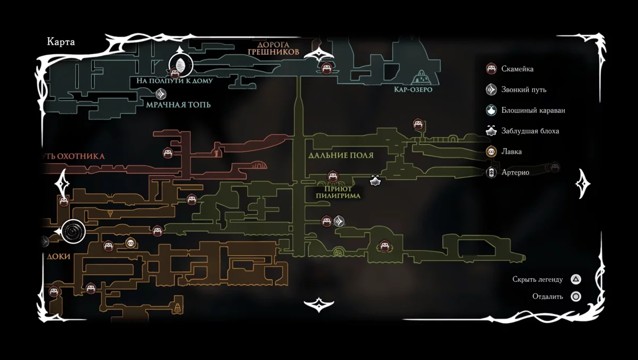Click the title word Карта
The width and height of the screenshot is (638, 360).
click(x=61, y=43)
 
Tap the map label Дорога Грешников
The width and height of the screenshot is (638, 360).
click(x=273, y=49)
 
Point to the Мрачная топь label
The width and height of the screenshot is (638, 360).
click(x=178, y=104)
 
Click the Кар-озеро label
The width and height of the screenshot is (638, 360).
click(x=413, y=89)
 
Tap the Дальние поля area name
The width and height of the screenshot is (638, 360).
click(x=341, y=155)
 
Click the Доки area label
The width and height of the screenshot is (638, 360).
click(x=58, y=256)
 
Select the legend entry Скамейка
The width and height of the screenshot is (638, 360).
click(x=517, y=69)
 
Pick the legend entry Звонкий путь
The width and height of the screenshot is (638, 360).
click(x=523, y=90)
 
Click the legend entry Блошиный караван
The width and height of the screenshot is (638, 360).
click(x=532, y=111)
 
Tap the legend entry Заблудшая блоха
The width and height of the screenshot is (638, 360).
click(x=530, y=131)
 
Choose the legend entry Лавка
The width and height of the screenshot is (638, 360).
click(x=511, y=152)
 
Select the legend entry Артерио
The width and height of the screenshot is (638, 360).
click(x=515, y=172)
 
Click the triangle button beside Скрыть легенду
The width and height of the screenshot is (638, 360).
click(x=575, y=279)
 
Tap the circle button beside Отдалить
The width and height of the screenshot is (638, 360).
click(x=575, y=297)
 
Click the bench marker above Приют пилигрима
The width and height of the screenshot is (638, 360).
click(x=332, y=176)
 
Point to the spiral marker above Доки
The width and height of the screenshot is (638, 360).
click(x=73, y=231)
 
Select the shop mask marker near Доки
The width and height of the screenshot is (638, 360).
click(x=130, y=243)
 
